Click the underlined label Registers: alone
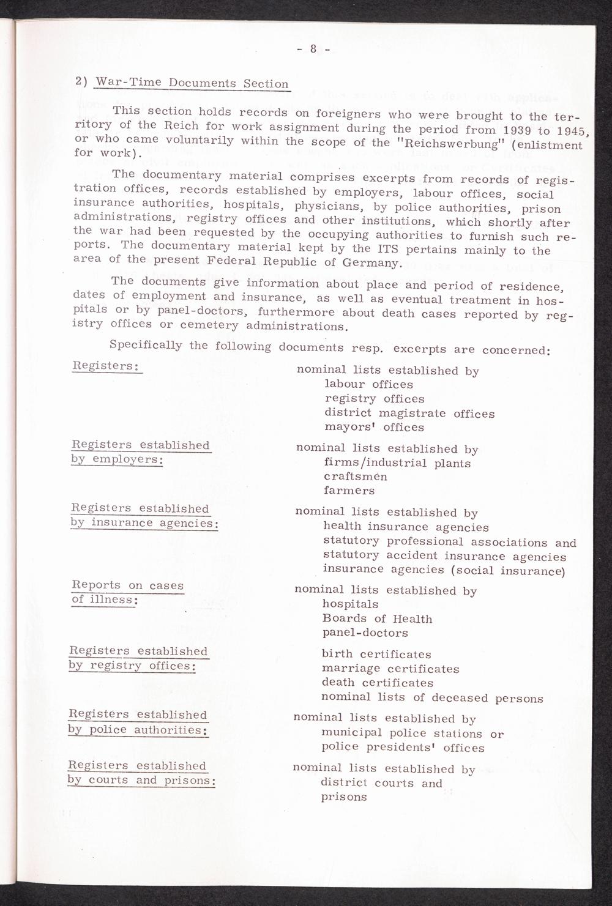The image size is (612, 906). [x=106, y=366]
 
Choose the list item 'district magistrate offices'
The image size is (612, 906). [x=409, y=413]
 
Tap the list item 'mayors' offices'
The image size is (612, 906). [x=374, y=427]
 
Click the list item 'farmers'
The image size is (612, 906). [x=349, y=491]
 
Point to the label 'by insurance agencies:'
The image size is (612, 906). [x=144, y=523]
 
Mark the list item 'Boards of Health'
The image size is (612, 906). [x=377, y=618]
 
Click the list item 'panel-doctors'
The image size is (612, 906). [x=365, y=633]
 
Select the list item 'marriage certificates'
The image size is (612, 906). [x=390, y=669]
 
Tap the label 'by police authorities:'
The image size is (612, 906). [x=138, y=729]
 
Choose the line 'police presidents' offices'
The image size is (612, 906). [x=403, y=748]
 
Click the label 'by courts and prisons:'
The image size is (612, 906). [x=141, y=780]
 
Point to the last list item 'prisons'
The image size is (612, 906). [x=343, y=797]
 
